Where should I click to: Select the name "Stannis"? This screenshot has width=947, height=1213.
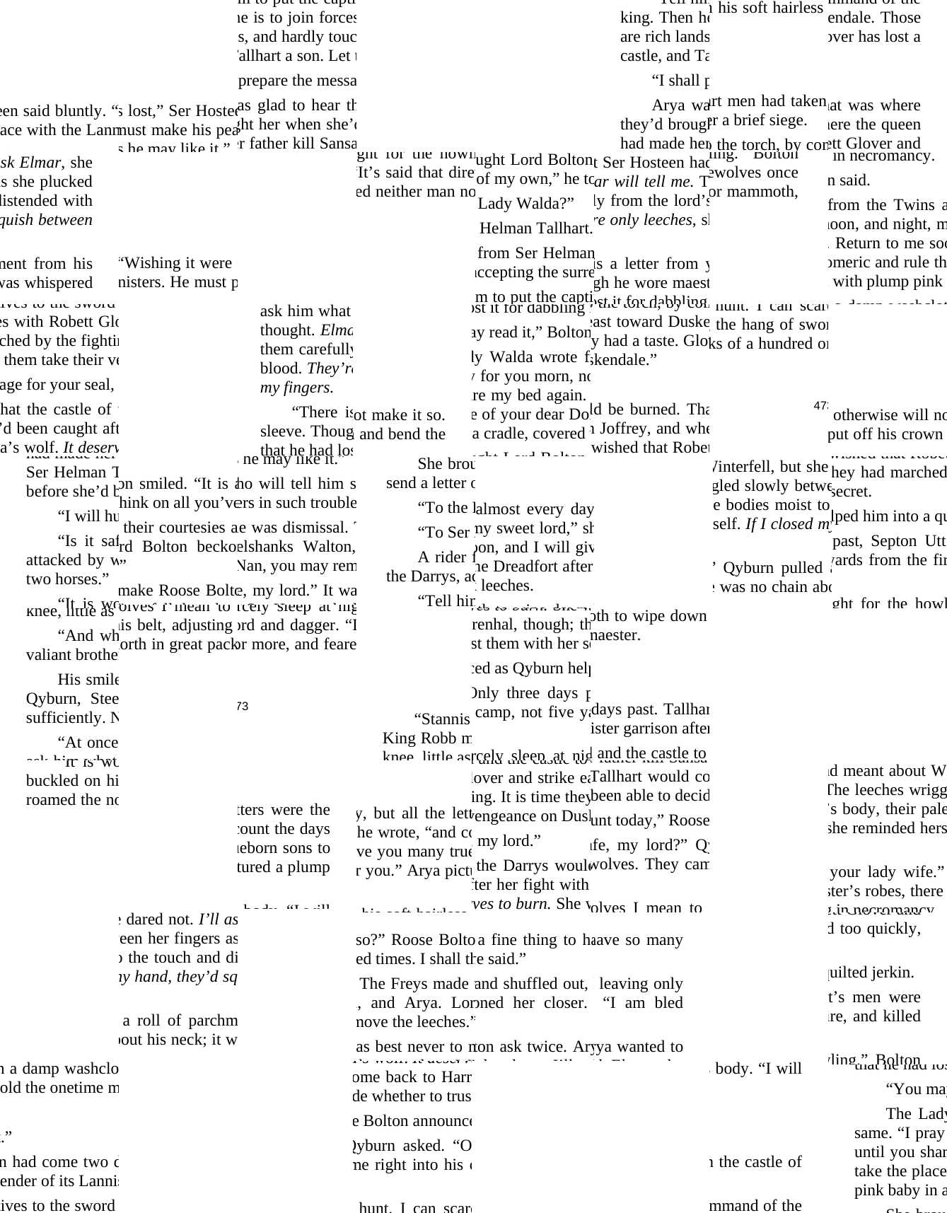pos(446,719)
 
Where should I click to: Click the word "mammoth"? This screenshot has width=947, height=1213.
pos(767,192)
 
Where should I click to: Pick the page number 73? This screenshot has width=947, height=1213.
pos(242,706)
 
